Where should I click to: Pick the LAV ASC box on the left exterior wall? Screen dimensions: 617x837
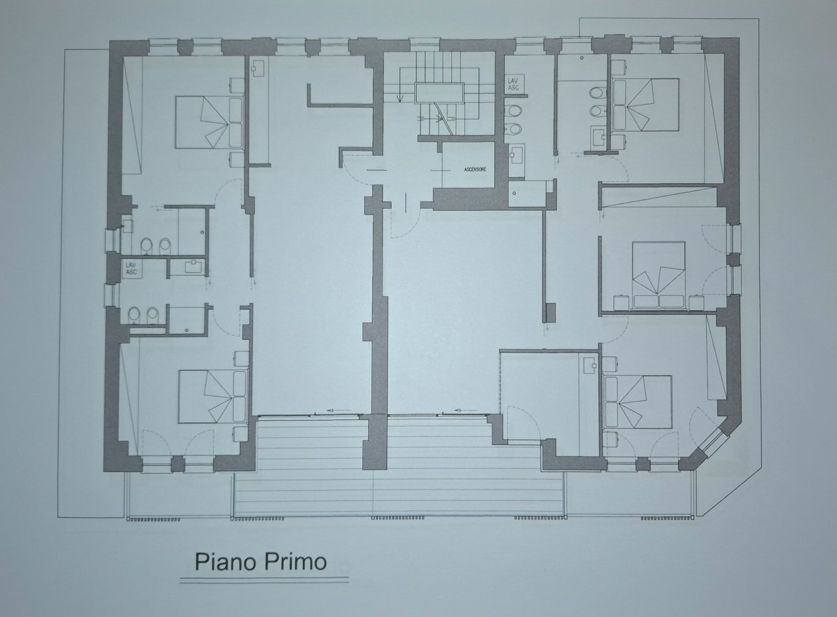[131, 268]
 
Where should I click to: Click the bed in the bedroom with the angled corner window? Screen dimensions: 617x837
[638, 402]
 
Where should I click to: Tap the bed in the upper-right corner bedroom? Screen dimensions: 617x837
[643, 105]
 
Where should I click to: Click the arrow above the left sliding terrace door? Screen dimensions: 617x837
[338, 411]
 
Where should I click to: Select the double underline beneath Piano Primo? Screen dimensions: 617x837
[264, 580]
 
